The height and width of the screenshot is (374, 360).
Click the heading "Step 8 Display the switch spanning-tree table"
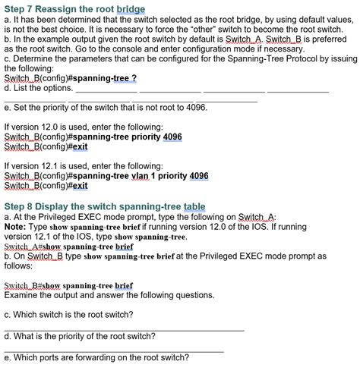[x=105, y=206]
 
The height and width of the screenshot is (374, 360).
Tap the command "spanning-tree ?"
[x=102, y=78]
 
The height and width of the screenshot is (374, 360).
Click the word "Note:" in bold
[x=16, y=226]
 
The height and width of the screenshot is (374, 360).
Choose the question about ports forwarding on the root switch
[x=96, y=358]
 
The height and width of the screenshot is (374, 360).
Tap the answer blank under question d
[x=114, y=350]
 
